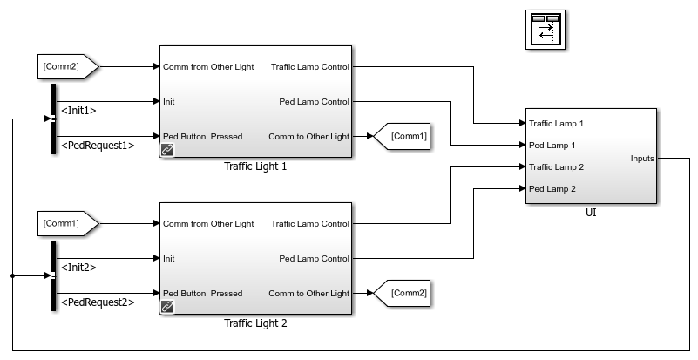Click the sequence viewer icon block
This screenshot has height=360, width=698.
pyautogui.click(x=546, y=30)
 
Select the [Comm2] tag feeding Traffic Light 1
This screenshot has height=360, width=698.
pyautogui.click(x=68, y=67)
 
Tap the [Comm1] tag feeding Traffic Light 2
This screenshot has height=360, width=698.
pyautogui.click(x=68, y=224)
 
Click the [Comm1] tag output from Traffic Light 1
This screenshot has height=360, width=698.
pyautogui.click(x=402, y=136)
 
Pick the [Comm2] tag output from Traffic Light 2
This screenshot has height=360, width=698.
pyautogui.click(x=402, y=293)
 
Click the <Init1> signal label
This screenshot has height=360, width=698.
pyautogui.click(x=78, y=111)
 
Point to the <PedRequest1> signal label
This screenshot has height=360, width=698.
pyautogui.click(x=98, y=146)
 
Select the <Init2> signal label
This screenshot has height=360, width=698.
pyautogui.click(x=78, y=268)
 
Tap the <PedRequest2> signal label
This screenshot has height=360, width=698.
pyautogui.click(x=98, y=302)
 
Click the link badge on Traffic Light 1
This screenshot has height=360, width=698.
pyautogui.click(x=167, y=150)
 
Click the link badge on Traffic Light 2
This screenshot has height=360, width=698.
pyautogui.click(x=167, y=307)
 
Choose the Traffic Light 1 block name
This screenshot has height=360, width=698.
pyautogui.click(x=255, y=166)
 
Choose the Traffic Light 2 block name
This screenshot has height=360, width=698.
pyautogui.click(x=255, y=323)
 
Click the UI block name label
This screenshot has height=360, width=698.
pyautogui.click(x=591, y=213)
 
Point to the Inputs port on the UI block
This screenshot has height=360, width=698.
pyautogui.click(x=642, y=159)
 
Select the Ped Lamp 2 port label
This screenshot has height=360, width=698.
pyautogui.click(x=552, y=189)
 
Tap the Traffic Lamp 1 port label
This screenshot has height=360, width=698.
pyautogui.click(x=556, y=124)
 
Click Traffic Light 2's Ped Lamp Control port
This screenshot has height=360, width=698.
pyautogui.click(x=315, y=259)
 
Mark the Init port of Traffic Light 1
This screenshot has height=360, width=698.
pyautogui.click(x=169, y=102)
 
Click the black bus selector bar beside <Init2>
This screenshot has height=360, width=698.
pyautogui.click(x=53, y=275)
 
